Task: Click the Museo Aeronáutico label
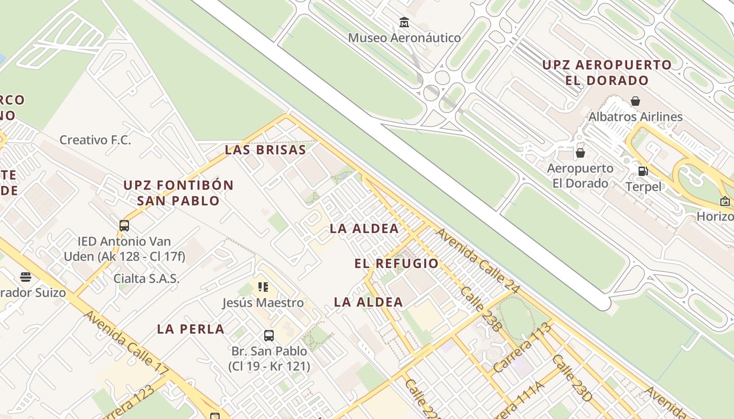click(x=404, y=38)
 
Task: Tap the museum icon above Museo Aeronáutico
click(x=404, y=23)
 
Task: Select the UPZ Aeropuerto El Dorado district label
click(x=607, y=73)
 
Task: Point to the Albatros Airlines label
click(x=635, y=116)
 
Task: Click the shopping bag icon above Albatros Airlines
click(x=635, y=101)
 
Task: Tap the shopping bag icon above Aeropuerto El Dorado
click(x=580, y=153)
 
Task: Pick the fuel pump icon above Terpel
click(x=643, y=171)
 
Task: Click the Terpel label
click(x=643, y=186)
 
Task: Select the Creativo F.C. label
click(x=95, y=140)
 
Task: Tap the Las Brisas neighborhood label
click(x=265, y=150)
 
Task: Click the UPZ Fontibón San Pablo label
click(x=178, y=193)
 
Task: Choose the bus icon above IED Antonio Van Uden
click(x=124, y=226)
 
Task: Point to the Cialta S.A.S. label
click(x=146, y=278)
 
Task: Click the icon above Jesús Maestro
click(x=263, y=286)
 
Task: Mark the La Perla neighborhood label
click(x=191, y=329)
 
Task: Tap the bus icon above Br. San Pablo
click(x=269, y=336)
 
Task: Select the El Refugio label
click(x=396, y=263)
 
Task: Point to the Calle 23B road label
click(x=481, y=309)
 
